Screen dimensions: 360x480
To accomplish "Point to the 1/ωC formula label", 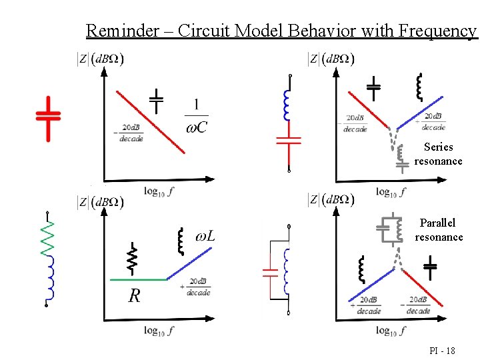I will point(197,116).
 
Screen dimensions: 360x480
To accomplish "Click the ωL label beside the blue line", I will point(205,236).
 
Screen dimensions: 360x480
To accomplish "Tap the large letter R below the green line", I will point(134,296).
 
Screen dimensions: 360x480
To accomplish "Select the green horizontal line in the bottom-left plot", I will point(137,279).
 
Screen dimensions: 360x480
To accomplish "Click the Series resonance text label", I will point(438,154).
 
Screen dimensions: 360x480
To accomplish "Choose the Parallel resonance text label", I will point(438,230).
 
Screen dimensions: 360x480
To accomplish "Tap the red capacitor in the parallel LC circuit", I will point(270,272).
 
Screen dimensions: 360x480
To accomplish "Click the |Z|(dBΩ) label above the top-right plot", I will point(331,59).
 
